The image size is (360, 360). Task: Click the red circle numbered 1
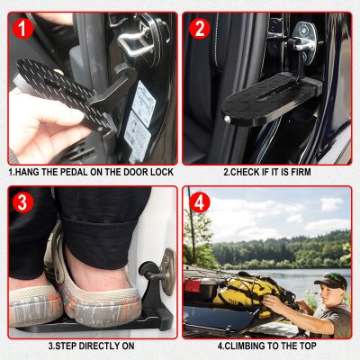point(23,29)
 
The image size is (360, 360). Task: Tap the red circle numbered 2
point(200,29)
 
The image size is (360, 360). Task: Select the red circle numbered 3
point(22,202)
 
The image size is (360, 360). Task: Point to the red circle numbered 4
point(200,202)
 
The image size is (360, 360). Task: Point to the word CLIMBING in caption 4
point(241,346)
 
